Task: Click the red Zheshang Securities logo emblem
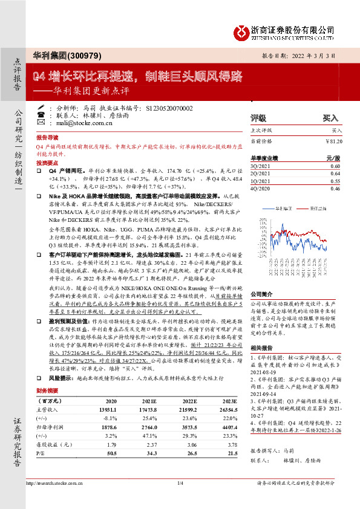pyautogui.click(x=243, y=30)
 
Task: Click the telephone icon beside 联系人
pyautogui.click(x=41, y=114)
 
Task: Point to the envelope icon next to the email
pyautogui.click(x=41, y=123)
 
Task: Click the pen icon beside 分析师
pyautogui.click(x=41, y=106)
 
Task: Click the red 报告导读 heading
pyautogui.click(x=47, y=138)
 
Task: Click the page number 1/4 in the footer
pyautogui.click(x=180, y=500)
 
